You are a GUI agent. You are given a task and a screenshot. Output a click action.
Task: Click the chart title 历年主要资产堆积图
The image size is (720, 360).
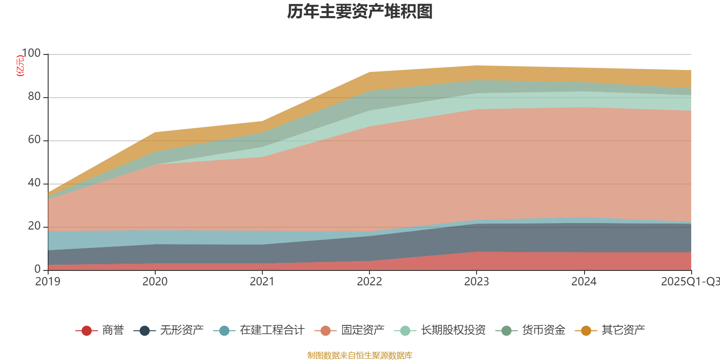tap(360, 12)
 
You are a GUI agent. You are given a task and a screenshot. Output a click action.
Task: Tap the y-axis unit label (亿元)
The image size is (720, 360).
tap(20, 66)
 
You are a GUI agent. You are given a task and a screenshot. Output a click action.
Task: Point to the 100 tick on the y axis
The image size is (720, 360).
tap(31, 54)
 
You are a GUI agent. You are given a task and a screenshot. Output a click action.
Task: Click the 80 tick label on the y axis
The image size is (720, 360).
tap(34, 97)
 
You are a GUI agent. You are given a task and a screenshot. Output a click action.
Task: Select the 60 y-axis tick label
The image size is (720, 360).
tap(34, 140)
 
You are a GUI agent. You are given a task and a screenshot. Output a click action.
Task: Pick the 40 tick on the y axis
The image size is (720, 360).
tap(34, 183)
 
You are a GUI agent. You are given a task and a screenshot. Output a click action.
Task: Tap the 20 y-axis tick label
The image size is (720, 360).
tap(34, 226)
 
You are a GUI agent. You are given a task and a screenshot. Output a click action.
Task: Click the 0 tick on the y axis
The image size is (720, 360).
tap(37, 269)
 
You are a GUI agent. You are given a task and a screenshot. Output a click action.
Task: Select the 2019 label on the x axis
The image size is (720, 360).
tap(48, 282)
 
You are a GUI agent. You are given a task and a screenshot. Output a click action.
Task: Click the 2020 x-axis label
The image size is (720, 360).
tap(155, 282)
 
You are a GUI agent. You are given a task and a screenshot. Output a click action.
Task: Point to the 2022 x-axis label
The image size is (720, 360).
tap(369, 282)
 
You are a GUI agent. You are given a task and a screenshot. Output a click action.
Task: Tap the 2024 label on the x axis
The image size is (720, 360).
tap(584, 282)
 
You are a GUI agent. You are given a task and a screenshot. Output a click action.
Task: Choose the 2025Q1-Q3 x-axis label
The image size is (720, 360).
tap(690, 282)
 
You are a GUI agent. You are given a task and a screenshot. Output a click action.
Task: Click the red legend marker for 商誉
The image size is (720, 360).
tap(86, 331)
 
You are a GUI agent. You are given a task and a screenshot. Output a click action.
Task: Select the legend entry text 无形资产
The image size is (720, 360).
tap(182, 330)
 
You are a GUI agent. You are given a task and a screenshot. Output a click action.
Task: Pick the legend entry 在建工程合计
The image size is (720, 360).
tap(272, 330)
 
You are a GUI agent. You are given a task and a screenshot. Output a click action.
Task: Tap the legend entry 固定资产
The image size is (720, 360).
tap(363, 330)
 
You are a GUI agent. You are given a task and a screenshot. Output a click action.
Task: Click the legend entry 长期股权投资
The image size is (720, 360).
tap(453, 330)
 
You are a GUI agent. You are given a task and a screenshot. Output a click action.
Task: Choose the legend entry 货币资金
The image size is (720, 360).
tap(543, 330)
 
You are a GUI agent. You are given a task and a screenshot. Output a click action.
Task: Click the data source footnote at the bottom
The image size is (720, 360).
tap(360, 355)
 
